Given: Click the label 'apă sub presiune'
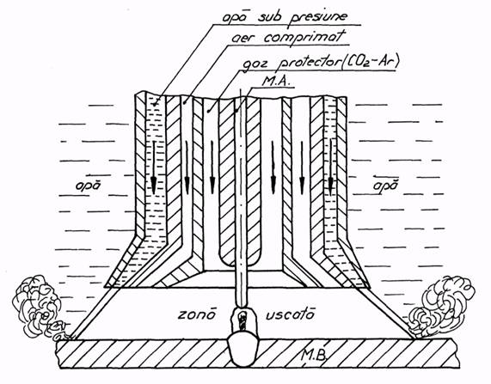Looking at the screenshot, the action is click(x=285, y=17).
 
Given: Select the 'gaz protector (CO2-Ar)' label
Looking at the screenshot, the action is click(x=321, y=62).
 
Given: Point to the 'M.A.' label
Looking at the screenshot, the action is click(x=276, y=82).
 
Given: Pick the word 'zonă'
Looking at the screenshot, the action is click(x=197, y=314).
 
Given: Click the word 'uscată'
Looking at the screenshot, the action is click(x=289, y=314).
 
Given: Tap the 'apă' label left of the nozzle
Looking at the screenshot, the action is click(x=89, y=186).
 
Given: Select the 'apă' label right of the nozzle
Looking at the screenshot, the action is click(x=385, y=185).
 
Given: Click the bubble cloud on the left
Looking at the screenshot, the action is click(x=40, y=308).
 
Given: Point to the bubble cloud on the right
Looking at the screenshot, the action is click(x=443, y=307).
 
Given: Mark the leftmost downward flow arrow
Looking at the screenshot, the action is click(x=153, y=168).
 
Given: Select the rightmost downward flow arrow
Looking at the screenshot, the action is click(x=331, y=168).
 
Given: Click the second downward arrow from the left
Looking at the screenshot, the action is click(x=187, y=168).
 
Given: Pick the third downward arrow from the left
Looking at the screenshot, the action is click(x=212, y=168).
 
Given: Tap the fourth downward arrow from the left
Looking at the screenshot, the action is click(x=273, y=168).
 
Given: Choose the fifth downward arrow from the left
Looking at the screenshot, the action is click(x=302, y=168).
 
